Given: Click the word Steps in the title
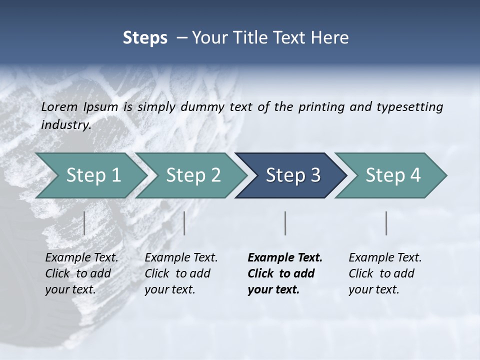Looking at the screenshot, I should [145, 38].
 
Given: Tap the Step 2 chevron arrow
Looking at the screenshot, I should [193, 175].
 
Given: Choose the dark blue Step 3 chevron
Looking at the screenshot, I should [292, 175].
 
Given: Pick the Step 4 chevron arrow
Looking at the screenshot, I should [392, 175].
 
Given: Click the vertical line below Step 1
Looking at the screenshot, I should [84, 223].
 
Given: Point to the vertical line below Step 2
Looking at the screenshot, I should [184, 223].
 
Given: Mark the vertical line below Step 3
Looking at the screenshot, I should [285, 223].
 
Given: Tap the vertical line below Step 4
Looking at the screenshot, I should [386, 223].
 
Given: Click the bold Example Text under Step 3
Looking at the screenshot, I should [284, 273].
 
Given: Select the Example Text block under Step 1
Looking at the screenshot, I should [81, 273].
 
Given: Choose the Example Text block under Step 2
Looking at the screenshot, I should [181, 273].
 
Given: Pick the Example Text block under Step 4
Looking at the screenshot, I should [385, 273].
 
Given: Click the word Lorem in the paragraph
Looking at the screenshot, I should [59, 106].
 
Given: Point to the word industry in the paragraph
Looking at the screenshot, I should [65, 125].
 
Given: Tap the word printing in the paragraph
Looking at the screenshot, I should [320, 107].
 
